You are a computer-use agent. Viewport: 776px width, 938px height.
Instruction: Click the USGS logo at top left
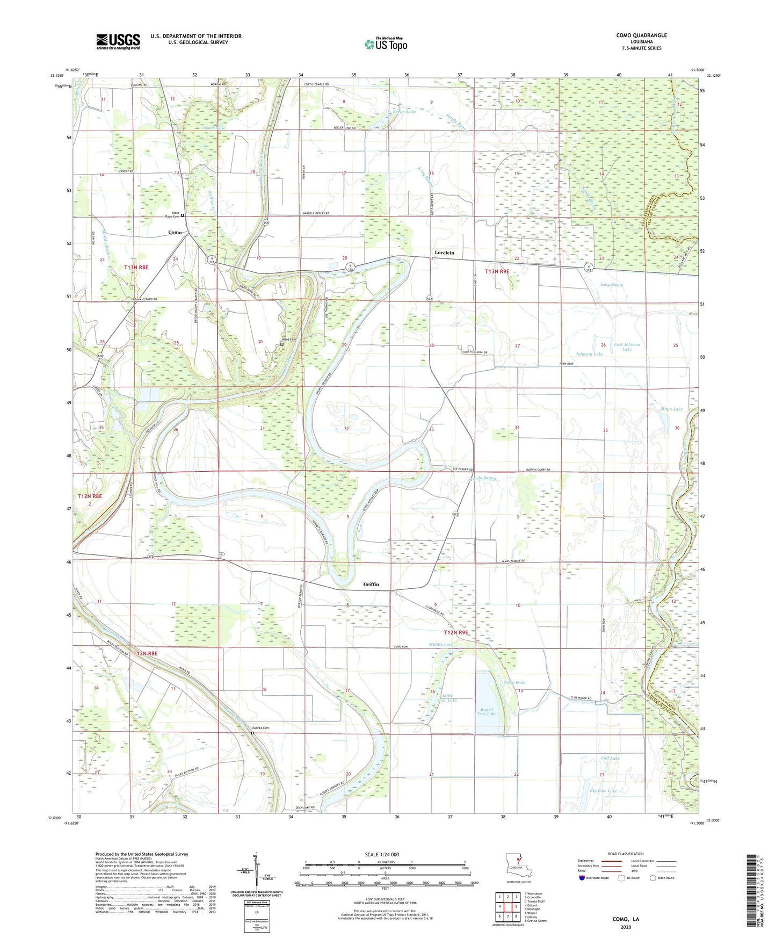(118, 41)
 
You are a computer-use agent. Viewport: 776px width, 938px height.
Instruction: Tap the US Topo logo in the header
(386, 44)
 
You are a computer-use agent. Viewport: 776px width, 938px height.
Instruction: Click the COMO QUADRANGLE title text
(641, 35)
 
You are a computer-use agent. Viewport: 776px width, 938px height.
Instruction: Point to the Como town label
(175, 232)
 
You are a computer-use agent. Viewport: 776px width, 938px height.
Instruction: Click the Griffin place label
(371, 584)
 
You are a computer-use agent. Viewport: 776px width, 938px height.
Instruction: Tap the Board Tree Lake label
(488, 711)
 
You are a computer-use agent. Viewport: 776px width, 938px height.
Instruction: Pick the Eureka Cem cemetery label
(260, 728)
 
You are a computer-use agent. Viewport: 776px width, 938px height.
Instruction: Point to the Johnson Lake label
(589, 354)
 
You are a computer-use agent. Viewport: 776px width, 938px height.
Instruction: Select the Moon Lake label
(671, 409)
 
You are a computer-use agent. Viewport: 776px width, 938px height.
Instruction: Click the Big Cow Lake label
(603, 791)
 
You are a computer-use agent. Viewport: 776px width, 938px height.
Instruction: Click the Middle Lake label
(441, 644)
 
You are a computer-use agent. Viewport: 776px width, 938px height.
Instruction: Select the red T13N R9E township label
(497, 272)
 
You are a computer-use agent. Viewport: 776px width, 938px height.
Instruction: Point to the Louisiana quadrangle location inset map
(518, 865)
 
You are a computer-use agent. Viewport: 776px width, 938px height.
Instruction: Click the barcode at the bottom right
(752, 892)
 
